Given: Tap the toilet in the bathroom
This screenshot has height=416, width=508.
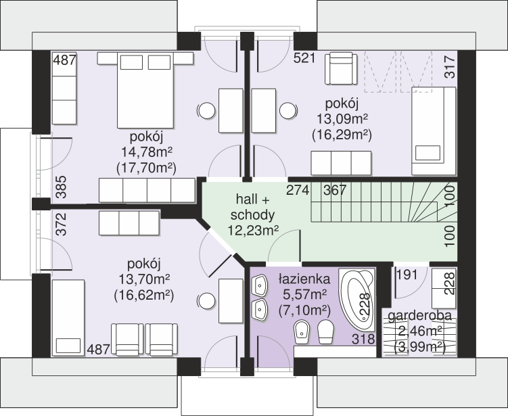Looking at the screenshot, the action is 325,331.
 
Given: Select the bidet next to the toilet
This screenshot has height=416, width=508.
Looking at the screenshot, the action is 302,331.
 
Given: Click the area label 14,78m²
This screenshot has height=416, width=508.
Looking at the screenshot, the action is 147,152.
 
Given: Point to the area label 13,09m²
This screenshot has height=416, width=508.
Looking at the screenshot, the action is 342,119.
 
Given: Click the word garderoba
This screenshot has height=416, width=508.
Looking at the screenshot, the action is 419,316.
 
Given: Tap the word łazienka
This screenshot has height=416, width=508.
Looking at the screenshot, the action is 304,279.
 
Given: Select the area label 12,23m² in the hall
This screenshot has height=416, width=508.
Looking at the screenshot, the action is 253,230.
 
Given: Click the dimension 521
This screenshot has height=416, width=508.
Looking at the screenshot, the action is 304,58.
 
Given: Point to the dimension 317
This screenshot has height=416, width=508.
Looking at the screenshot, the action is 450,67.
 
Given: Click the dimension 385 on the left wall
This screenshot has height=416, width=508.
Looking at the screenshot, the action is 61,187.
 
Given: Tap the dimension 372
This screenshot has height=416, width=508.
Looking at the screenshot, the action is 61,224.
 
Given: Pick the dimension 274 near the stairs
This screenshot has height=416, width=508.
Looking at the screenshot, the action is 298,190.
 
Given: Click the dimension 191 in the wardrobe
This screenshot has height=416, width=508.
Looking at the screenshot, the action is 407,275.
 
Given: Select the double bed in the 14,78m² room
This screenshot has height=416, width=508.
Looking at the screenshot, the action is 145,90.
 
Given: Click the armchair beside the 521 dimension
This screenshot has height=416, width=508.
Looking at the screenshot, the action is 341,69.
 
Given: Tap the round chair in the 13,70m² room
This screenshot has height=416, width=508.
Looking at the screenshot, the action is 206,301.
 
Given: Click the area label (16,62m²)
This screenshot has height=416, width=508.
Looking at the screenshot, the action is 144,295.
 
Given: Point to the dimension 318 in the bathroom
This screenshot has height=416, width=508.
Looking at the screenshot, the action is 364,339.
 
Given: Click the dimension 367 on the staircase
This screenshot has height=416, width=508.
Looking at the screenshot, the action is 335,190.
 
